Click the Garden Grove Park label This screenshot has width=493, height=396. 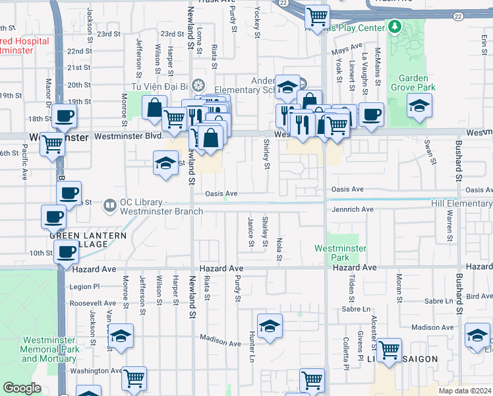pyautogui.click(x=413, y=82)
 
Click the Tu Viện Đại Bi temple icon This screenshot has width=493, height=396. pyautogui.click(x=200, y=85)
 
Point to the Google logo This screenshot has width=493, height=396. pyautogui.click(x=22, y=388)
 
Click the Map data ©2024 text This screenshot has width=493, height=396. pyautogui.click(x=465, y=391)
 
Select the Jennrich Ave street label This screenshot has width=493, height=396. pyautogui.click(x=352, y=209)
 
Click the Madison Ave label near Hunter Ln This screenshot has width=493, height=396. pyautogui.click(x=220, y=341)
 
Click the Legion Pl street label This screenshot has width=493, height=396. pyautogui.click(x=84, y=286)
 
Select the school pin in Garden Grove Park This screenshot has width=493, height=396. pyautogui.click(x=419, y=106)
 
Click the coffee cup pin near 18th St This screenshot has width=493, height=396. pyautogui.click(x=65, y=117)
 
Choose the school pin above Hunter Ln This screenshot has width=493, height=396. pyautogui.click(x=270, y=327)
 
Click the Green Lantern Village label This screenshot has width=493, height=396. pyautogui.click(x=79, y=239)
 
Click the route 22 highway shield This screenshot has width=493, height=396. pyautogui.click(x=283, y=4)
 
